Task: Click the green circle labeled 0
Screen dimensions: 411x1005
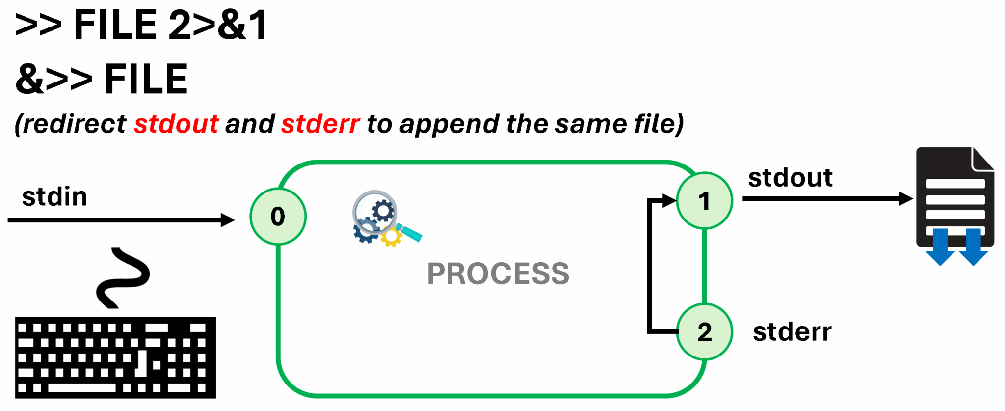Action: [x=278, y=217]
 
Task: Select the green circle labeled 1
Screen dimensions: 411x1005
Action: [x=704, y=201]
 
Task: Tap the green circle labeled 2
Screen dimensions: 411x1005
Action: [x=704, y=332]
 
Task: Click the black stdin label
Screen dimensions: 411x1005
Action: [x=54, y=197]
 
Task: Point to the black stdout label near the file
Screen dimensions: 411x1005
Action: [x=790, y=178]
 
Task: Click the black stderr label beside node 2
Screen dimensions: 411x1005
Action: [x=792, y=332]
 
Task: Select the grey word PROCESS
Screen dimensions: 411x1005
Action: [x=498, y=274]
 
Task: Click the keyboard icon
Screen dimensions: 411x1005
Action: [x=115, y=357]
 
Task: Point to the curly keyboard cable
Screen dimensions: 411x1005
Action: [x=123, y=278]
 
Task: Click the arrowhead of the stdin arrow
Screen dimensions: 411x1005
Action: [x=228, y=220]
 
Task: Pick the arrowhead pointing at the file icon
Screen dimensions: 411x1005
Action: [x=906, y=199]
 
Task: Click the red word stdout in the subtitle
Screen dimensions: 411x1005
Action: [x=176, y=124]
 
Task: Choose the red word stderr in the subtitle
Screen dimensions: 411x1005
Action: [x=320, y=124]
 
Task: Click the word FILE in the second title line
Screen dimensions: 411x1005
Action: [x=146, y=79]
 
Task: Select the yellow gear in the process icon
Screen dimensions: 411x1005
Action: [x=392, y=237]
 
